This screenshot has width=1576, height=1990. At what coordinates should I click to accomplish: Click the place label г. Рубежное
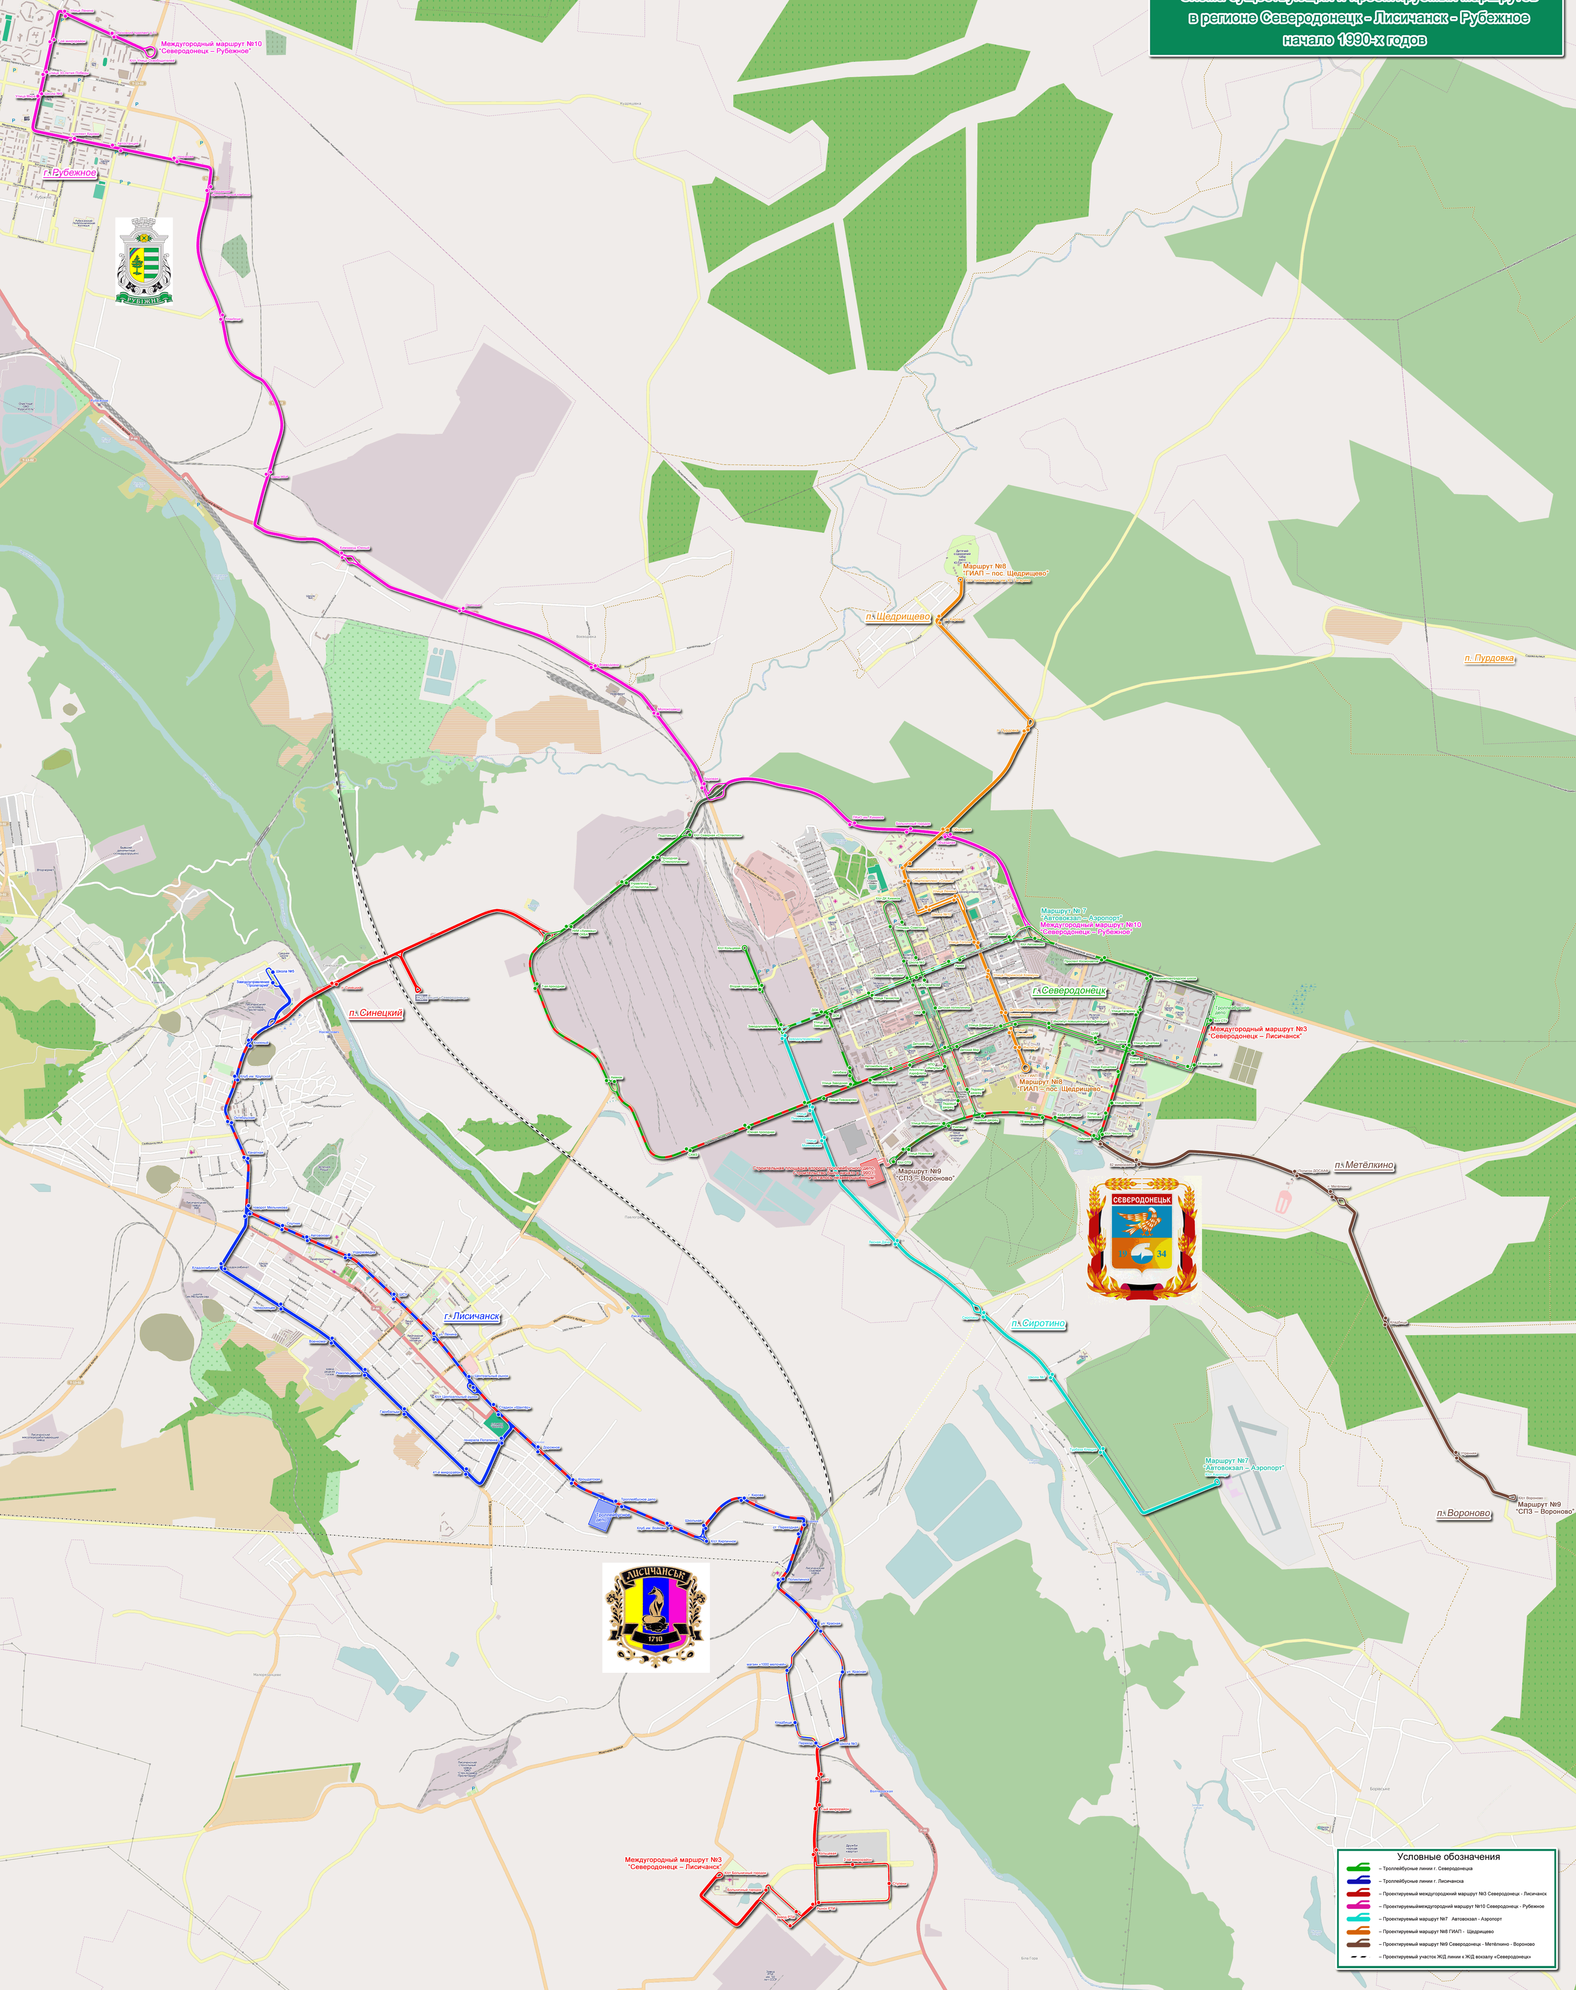click(70, 173)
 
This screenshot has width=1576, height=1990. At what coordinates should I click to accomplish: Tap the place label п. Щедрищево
click(899, 617)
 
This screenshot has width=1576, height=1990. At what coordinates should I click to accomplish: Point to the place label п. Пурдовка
click(1489, 658)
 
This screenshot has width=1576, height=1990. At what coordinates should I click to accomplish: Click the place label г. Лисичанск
click(473, 1316)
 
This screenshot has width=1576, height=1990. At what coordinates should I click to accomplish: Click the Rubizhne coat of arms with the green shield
click(144, 261)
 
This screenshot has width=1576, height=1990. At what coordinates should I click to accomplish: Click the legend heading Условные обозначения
click(1448, 1856)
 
